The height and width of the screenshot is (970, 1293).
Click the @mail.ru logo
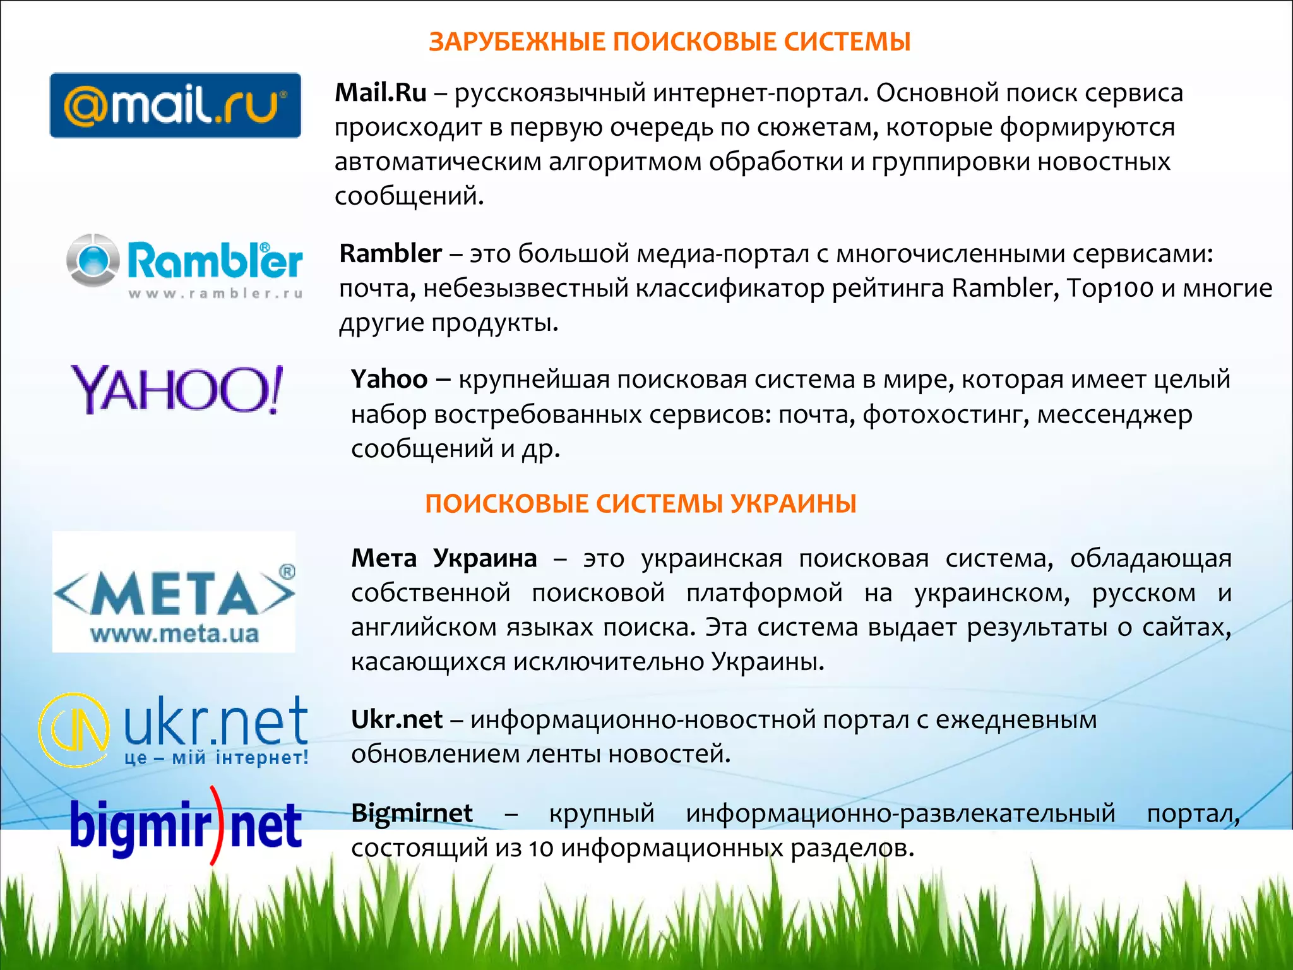[x=176, y=105]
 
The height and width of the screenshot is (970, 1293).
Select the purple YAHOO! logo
[x=177, y=389]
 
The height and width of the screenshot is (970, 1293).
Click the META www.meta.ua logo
[x=174, y=592]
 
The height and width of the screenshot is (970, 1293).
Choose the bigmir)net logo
[x=186, y=825]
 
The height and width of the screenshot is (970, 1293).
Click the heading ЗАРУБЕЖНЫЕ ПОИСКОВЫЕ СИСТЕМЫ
[x=669, y=42]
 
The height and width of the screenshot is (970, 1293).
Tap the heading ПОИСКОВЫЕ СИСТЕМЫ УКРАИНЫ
[x=640, y=504]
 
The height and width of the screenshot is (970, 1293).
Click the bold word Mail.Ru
[x=381, y=93]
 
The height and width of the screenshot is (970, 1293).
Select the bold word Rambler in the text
[x=390, y=254]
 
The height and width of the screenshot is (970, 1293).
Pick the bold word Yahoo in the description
[x=389, y=380]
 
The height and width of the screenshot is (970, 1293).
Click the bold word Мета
[x=384, y=559]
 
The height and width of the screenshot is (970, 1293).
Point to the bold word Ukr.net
[x=396, y=720]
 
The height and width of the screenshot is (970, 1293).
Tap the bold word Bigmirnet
[x=412, y=813]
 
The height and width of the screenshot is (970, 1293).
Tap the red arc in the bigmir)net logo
[x=217, y=825]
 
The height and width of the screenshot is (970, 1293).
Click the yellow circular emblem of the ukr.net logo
[x=73, y=730]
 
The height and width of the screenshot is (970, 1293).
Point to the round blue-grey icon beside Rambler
[x=93, y=260]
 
